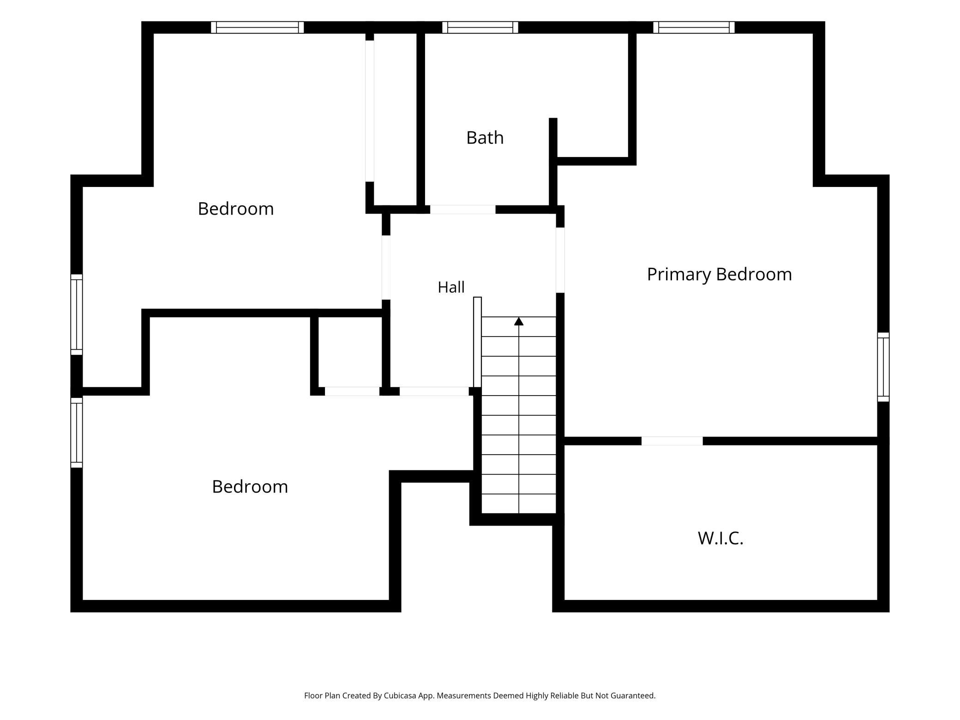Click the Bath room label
485,138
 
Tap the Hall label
451,287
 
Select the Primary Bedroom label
719,275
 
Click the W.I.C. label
720,538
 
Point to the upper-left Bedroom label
236,209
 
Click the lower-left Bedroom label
250,486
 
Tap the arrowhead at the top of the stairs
519,321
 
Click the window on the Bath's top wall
480,27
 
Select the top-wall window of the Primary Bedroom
694,27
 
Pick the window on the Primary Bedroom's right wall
883,367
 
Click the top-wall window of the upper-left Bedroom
258,27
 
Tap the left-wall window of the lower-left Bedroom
77,432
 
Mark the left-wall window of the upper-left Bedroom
77,315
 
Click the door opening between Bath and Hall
462,210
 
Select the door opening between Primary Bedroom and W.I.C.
672,441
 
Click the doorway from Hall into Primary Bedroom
560,260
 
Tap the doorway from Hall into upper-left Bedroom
386,267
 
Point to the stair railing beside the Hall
477,342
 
